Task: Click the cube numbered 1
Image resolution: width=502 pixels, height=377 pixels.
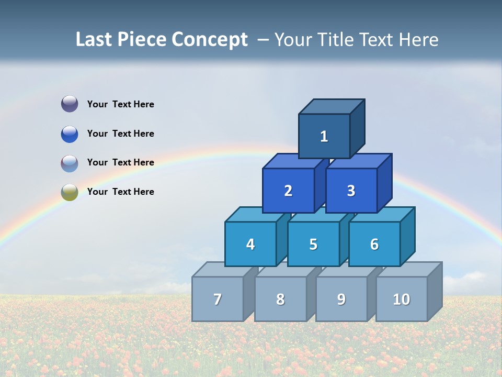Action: [324, 136]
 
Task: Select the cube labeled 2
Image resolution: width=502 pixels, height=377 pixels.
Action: [288, 191]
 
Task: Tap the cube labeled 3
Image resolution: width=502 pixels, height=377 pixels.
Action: [351, 191]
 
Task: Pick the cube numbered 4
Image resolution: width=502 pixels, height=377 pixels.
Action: [250, 244]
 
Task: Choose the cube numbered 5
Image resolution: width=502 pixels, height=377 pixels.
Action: [313, 244]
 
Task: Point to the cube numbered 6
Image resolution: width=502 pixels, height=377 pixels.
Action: [374, 244]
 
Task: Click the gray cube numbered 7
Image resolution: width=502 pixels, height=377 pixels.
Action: [218, 299]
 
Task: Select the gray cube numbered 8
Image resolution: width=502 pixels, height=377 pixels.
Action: [280, 299]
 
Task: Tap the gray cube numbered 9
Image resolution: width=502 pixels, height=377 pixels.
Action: [341, 299]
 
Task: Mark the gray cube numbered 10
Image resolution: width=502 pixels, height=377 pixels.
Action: [402, 299]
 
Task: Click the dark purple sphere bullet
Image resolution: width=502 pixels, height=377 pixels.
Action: [70, 104]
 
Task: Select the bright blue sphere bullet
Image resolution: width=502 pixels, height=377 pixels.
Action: [70, 134]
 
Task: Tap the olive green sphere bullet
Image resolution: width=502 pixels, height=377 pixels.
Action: [70, 192]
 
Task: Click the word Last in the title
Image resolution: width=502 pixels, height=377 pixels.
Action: [94, 40]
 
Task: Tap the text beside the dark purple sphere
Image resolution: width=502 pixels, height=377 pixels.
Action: [121, 104]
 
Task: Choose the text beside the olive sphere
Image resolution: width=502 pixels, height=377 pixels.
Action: [121, 192]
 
